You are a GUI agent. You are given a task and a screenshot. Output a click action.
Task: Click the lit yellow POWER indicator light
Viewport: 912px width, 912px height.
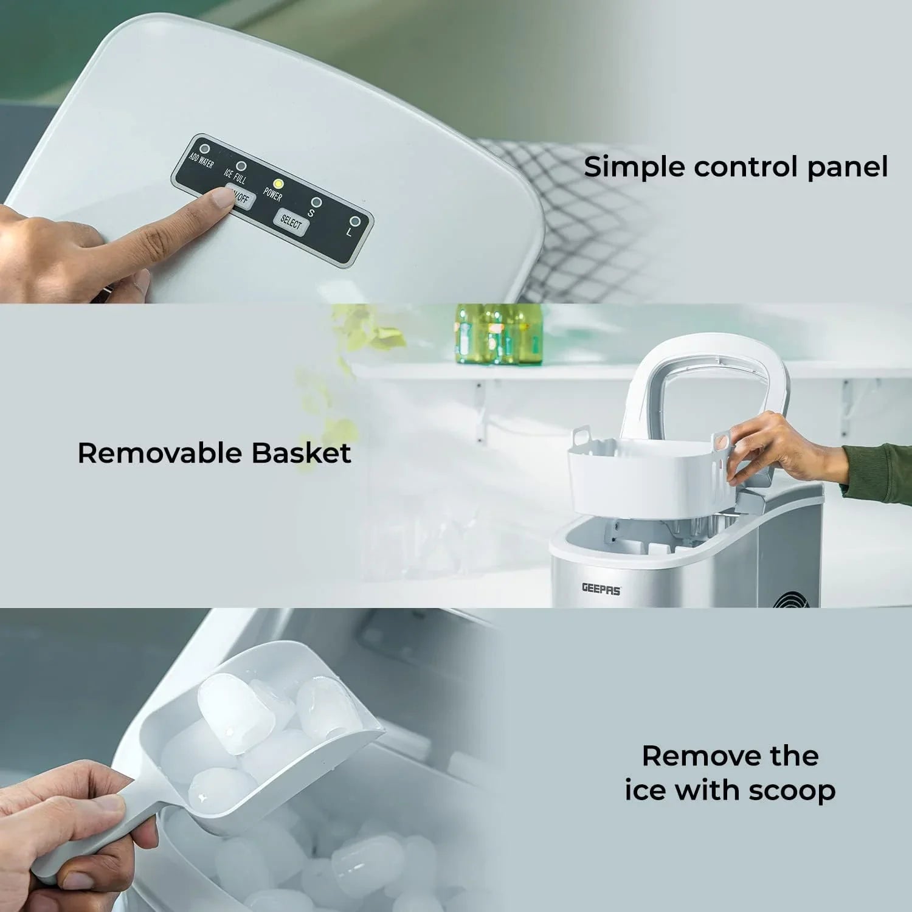pos(278,183)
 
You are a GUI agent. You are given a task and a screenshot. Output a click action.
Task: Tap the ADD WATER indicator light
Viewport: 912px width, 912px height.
pos(205,148)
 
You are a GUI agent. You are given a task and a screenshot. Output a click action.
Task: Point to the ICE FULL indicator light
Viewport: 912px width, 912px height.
pos(241,165)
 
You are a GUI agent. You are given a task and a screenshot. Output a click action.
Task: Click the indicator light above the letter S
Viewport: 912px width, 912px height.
pos(316,202)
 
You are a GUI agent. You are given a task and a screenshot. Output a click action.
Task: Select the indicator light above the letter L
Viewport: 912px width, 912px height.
pos(354,221)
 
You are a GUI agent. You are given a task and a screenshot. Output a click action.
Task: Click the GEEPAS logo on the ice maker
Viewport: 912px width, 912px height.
pos(601,589)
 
